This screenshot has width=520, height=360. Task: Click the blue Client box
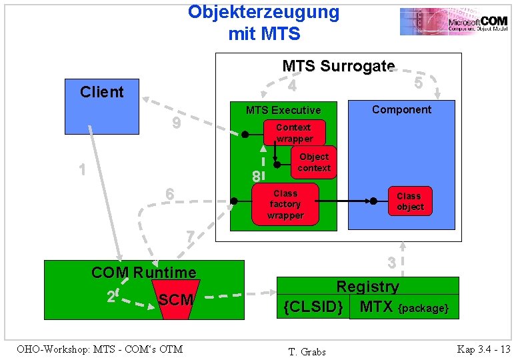click(101, 107)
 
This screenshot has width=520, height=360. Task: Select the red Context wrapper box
click(294, 133)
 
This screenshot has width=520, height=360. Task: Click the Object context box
click(314, 162)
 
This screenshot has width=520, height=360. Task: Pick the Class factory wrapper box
click(285, 205)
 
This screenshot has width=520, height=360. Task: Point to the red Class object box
click(409, 201)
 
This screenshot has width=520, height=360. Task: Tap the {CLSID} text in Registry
click(313, 307)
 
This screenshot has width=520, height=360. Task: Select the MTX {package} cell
click(404, 307)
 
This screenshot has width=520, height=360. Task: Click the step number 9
click(175, 123)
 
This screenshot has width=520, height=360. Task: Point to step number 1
click(82, 169)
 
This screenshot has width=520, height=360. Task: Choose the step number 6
click(170, 193)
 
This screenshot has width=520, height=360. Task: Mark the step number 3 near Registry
click(393, 263)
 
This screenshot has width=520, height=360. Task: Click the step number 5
click(418, 83)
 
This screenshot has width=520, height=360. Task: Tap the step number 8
click(255, 177)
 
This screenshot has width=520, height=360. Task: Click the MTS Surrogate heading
click(338, 66)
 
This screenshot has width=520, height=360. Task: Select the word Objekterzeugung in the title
click(263, 12)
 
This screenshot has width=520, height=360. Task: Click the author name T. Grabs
click(307, 351)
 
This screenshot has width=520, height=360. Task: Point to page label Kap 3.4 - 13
click(483, 349)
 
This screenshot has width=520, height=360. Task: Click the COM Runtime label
click(143, 272)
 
